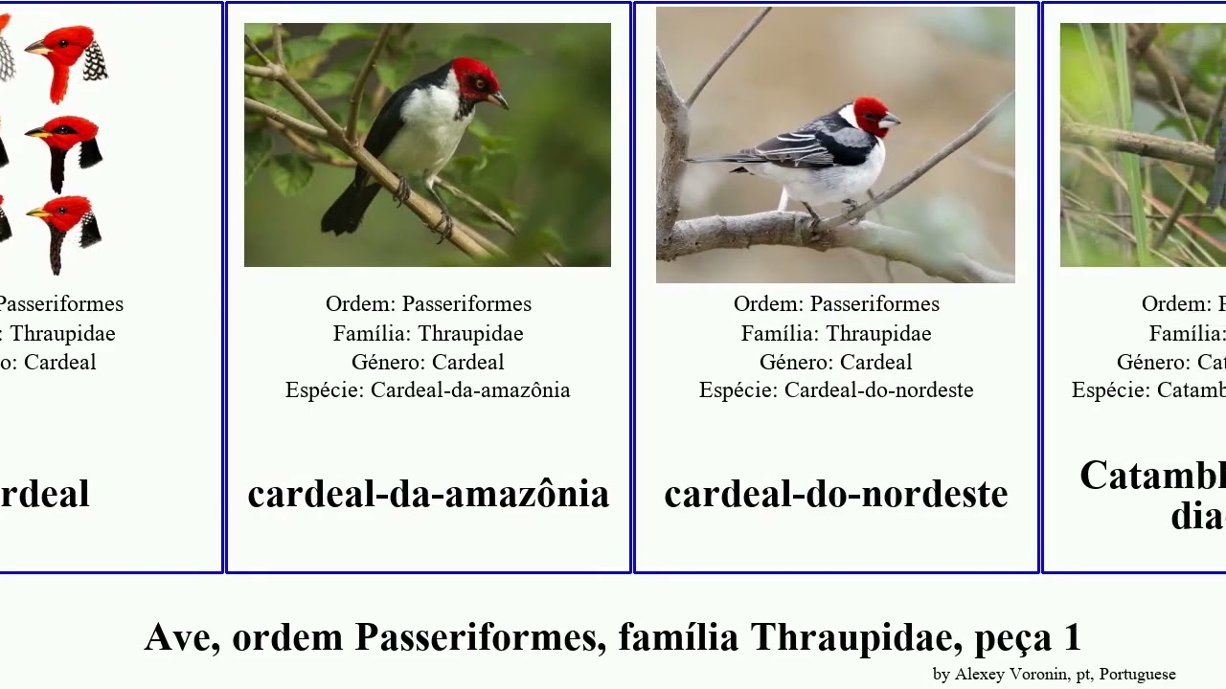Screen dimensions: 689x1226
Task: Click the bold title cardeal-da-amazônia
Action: pos(428,494)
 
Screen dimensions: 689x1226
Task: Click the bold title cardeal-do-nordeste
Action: pos(835,494)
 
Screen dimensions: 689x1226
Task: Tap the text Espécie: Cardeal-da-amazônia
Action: pos(428,390)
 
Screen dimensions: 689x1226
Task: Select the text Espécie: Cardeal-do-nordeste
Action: pos(836,390)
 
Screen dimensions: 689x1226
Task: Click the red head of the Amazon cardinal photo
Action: pos(474,76)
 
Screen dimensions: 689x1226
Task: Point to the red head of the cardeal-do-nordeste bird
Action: pos(870,112)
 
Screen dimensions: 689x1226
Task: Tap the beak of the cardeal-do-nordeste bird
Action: pos(892,121)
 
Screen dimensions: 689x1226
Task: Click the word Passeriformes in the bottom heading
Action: pos(480,637)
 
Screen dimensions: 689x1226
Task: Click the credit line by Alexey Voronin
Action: pos(1054,674)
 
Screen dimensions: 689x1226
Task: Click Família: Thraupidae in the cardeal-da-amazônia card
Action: pos(428,334)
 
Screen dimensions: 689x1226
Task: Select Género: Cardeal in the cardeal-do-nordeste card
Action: pos(836,363)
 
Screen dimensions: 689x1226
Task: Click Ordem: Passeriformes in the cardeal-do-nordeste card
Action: pos(836,304)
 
